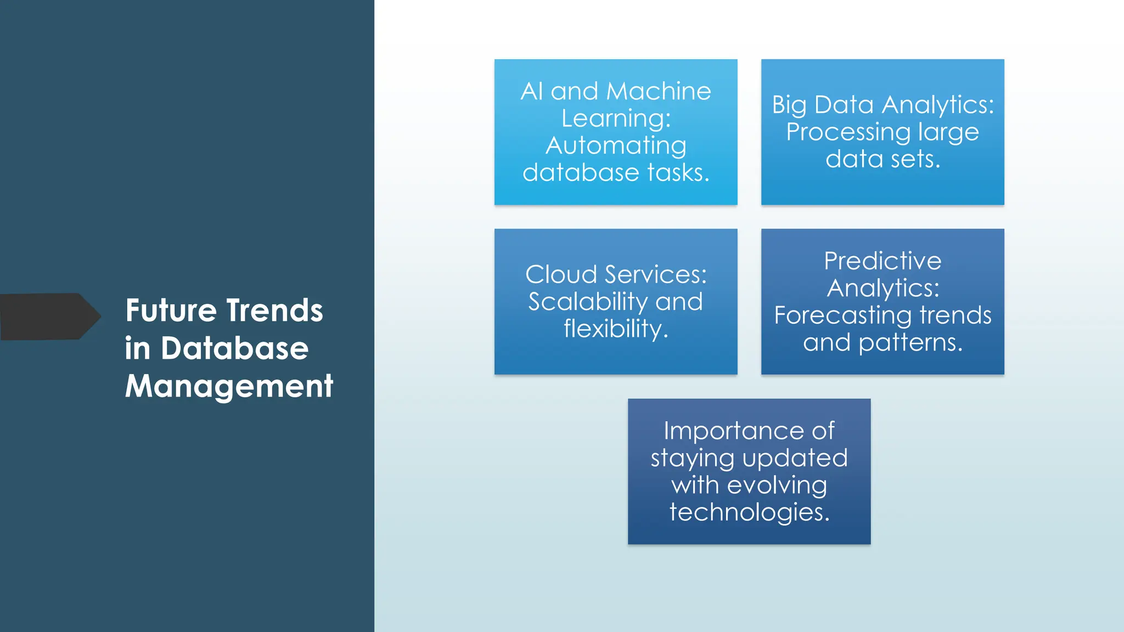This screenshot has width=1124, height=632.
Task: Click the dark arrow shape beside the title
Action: pos(47,317)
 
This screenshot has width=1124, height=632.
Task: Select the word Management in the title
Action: pos(229,386)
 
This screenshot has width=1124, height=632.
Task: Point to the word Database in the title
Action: pos(234,348)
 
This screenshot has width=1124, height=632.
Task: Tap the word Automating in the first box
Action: pos(616,145)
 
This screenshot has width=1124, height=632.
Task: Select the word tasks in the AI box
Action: pos(678,173)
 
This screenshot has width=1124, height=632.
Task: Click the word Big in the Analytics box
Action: pos(789,105)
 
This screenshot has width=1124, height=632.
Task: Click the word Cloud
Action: pos(560,274)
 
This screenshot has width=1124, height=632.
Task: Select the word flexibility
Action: pos(615,329)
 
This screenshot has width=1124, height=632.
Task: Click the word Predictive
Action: pos(883,261)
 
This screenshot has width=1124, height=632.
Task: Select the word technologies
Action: pos(749,512)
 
